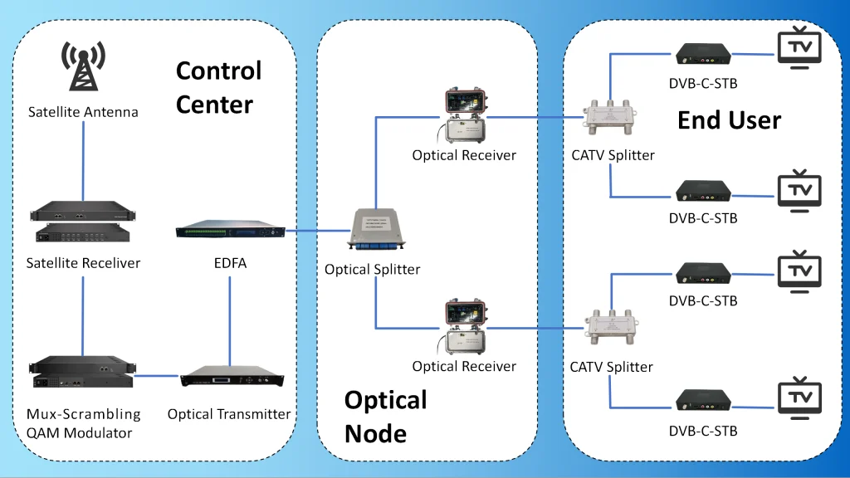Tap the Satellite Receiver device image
coord(83,222)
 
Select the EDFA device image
coord(230,231)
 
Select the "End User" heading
coord(729,120)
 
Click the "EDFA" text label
coord(230,264)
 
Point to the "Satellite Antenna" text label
coord(83,112)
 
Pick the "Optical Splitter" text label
coord(373,270)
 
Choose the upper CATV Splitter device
coord(613,118)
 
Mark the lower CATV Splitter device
coord(611,330)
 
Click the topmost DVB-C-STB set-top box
coord(703,55)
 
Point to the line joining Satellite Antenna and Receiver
coord(83,162)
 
